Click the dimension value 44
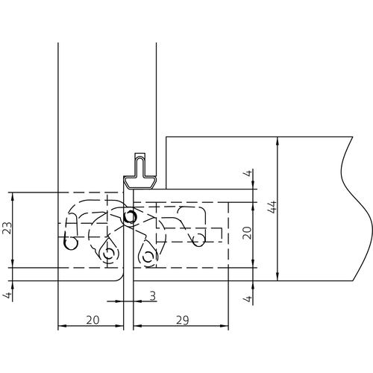click(x=272, y=207)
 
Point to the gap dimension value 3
click(x=151, y=296)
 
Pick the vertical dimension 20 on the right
click(x=248, y=233)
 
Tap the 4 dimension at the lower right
click(x=248, y=298)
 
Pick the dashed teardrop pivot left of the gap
click(x=109, y=254)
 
